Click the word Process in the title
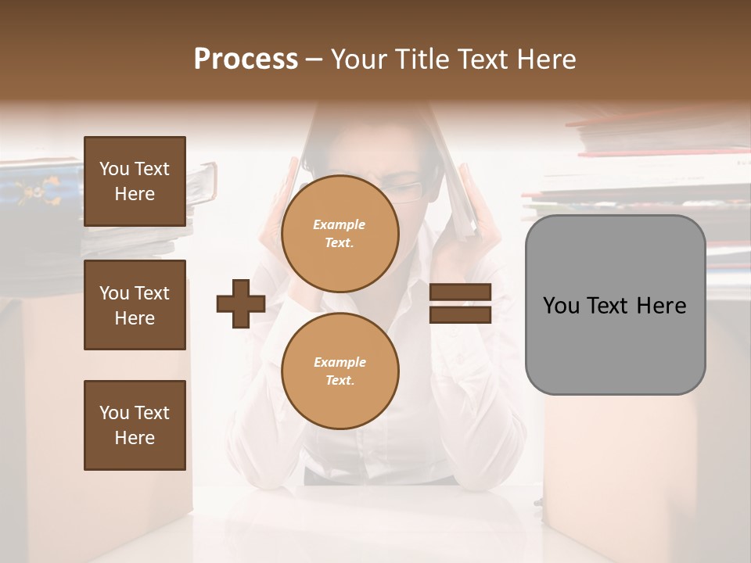pos(246,59)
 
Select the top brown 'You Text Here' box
pos(135,181)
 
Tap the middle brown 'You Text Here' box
pos(135,305)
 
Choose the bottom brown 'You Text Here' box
pos(135,425)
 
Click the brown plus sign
pos(241,303)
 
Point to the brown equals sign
pos(460,303)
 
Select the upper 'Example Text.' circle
pos(340,233)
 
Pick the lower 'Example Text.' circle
pos(340,371)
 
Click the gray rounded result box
pos(615,305)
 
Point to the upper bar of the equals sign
pos(460,292)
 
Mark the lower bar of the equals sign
pos(460,314)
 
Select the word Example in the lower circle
pos(340,362)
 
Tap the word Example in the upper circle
pos(340,224)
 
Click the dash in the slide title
pos(314,60)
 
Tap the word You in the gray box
pos(561,306)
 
